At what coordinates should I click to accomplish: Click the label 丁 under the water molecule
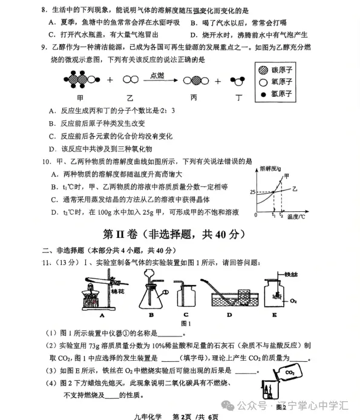tap(238, 97)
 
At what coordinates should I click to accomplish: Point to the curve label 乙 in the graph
tap(295, 189)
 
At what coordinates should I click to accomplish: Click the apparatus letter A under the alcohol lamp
tap(95, 315)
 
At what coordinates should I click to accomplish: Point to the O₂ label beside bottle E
tap(293, 300)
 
